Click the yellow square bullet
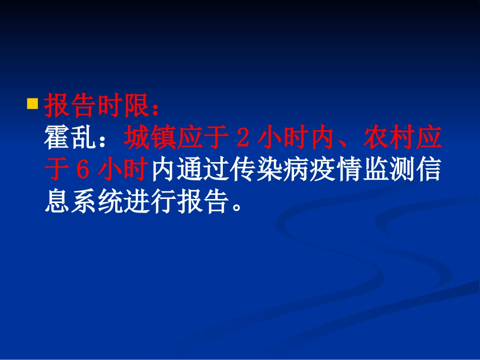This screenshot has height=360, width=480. (32, 104)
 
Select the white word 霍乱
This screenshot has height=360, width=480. (70, 138)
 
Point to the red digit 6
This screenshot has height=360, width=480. (82, 170)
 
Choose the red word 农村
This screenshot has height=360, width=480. (390, 138)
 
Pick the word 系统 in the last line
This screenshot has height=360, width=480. (97, 201)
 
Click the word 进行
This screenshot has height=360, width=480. (150, 201)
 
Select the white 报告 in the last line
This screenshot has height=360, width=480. (204, 201)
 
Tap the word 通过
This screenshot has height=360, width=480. (204, 170)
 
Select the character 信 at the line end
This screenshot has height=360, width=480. (430, 170)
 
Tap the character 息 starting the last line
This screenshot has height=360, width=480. (57, 201)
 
